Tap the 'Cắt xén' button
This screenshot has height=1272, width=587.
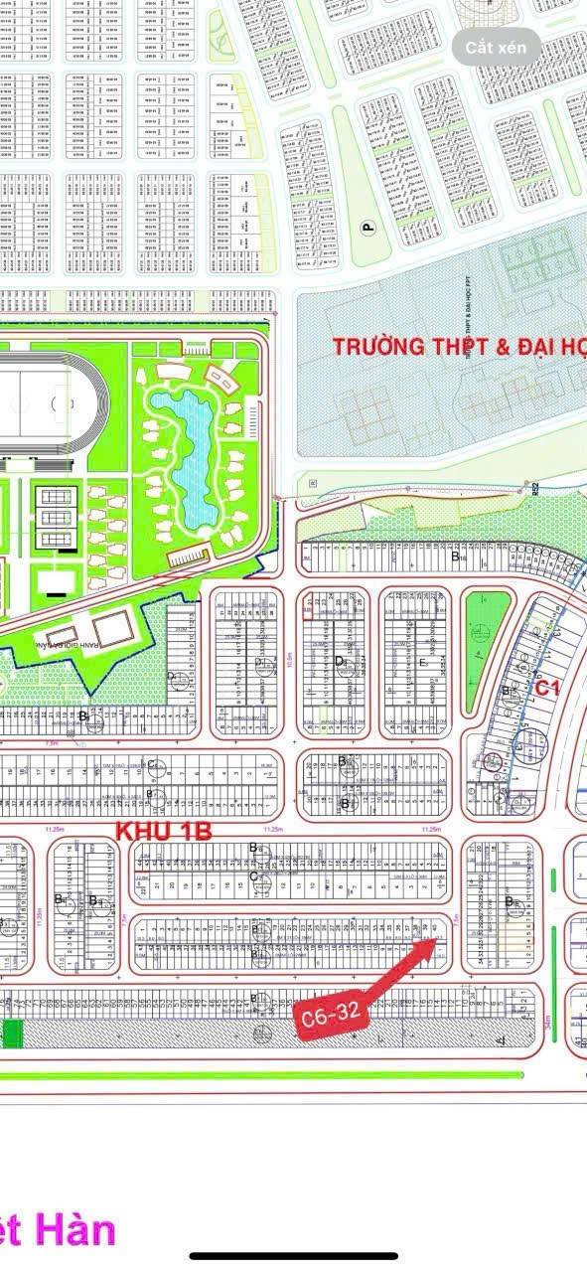(x=497, y=48)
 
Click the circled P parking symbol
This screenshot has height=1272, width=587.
(x=369, y=228)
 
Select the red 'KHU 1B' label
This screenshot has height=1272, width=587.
(x=164, y=831)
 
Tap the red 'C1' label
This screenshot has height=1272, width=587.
(x=548, y=687)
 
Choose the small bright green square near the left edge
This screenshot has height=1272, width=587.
(x=12, y=1033)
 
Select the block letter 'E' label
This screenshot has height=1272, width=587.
(x=423, y=663)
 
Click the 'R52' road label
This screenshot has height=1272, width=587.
(x=534, y=489)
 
